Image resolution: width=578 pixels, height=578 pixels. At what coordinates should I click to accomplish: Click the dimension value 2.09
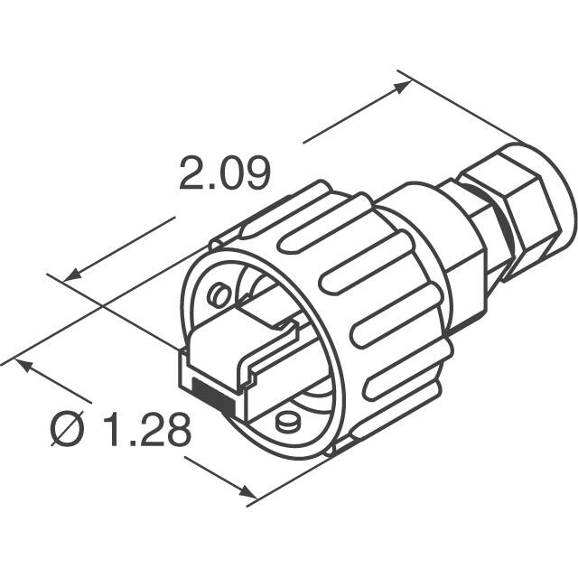pyautogui.click(x=224, y=174)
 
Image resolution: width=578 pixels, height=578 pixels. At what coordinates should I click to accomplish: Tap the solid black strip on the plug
pyautogui.click(x=213, y=394)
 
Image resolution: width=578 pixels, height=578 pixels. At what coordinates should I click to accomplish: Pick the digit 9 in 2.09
pyautogui.click(x=255, y=174)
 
